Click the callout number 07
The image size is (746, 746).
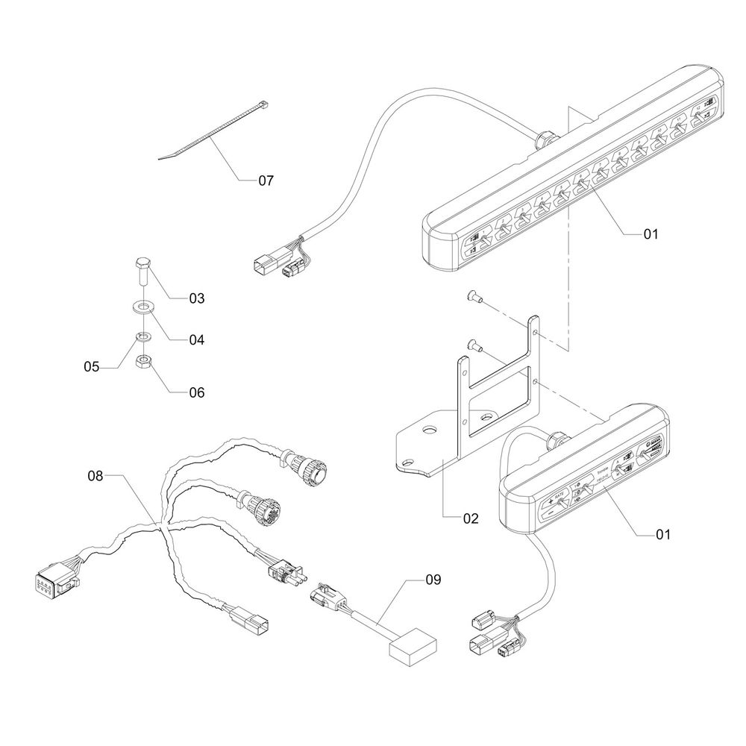coord(266,181)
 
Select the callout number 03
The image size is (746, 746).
coord(196,298)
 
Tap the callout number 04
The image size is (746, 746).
coord(196,339)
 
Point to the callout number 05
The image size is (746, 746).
coord(91,367)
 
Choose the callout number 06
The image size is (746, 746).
coord(196,392)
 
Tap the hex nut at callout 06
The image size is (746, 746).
coord(142,363)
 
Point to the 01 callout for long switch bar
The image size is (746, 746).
coord(651,233)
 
